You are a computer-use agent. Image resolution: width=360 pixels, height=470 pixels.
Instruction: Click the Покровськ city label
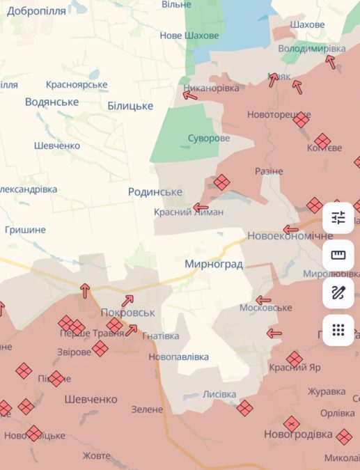point(127,313)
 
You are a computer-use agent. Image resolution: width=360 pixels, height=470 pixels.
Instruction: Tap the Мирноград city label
point(214,264)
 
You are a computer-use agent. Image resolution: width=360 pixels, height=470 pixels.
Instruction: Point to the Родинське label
point(155,191)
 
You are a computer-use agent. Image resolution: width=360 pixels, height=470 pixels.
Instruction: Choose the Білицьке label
point(130,105)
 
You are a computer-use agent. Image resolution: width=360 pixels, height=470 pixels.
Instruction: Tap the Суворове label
point(208,138)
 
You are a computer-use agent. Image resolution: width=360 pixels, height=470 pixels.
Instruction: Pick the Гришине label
point(25,229)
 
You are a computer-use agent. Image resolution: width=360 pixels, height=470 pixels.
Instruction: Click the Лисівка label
point(219,393)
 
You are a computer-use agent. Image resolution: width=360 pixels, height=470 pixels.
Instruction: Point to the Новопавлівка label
point(179,357)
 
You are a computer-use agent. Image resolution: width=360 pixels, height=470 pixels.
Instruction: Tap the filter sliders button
point(338,217)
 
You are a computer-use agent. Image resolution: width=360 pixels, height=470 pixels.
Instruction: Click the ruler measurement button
point(338,255)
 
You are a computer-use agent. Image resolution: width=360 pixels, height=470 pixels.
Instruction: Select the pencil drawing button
point(338,292)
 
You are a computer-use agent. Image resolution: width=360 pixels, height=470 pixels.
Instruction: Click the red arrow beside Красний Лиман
point(201,207)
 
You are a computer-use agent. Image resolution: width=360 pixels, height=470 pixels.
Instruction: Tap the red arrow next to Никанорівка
point(190,95)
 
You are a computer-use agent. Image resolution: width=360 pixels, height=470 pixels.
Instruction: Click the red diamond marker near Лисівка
point(244,407)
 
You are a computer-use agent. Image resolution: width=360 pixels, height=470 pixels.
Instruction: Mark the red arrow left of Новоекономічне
point(291,229)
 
